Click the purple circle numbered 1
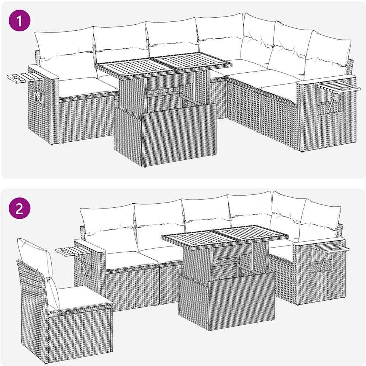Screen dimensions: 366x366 tap(20, 20)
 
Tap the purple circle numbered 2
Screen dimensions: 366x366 tap(20, 208)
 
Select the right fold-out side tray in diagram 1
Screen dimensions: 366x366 tap(339, 88)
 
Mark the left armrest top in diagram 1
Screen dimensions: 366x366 tap(44, 72)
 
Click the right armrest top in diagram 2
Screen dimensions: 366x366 tap(319, 241)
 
